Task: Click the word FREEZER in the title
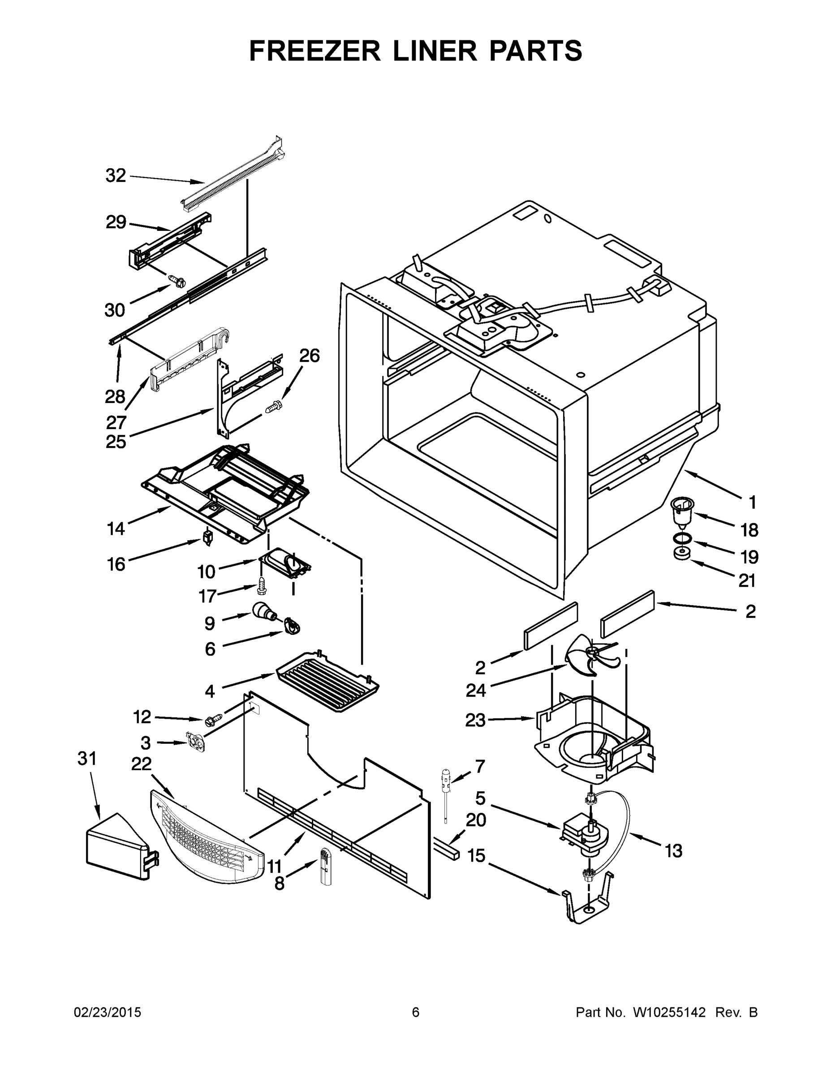coord(314,51)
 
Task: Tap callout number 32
coord(116,175)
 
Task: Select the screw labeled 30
coord(178,281)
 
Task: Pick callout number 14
coord(116,529)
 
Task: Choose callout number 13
coord(673,850)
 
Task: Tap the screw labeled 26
coord(272,408)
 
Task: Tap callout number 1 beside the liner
coord(752,503)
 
